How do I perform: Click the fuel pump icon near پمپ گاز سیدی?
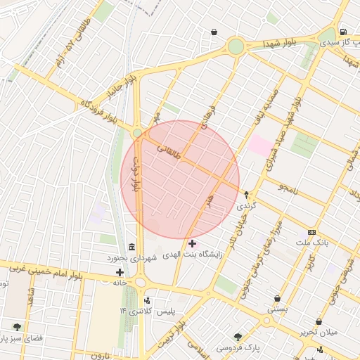342,32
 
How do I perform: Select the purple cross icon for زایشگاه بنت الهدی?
192,243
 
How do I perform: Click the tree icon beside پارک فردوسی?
238,337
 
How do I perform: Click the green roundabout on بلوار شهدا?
236,46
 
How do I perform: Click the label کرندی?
246,205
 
